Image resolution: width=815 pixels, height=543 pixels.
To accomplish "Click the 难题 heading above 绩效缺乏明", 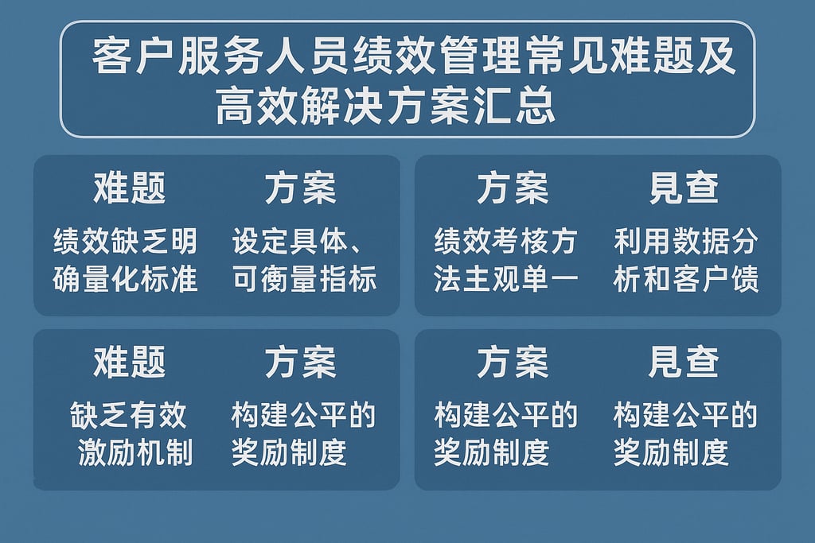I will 129,188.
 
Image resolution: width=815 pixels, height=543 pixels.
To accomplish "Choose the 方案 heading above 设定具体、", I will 300,188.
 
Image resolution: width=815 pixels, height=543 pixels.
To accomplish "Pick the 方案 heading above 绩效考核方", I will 513,188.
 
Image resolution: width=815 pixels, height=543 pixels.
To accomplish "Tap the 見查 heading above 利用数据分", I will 684,188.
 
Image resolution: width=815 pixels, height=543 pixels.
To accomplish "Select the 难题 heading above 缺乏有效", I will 129,363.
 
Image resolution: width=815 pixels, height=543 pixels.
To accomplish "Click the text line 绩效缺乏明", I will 125,240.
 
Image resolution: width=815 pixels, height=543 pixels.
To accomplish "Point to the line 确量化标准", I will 125,280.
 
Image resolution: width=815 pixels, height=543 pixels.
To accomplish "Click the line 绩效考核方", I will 505,240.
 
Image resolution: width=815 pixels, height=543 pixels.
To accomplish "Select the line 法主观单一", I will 505,280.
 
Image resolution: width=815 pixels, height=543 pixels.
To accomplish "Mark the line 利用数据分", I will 685,240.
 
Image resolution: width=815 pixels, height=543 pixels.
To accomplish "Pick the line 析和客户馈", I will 685,280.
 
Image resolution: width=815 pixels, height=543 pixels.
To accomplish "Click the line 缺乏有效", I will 128,414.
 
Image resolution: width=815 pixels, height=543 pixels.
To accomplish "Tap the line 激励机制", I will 135,453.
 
